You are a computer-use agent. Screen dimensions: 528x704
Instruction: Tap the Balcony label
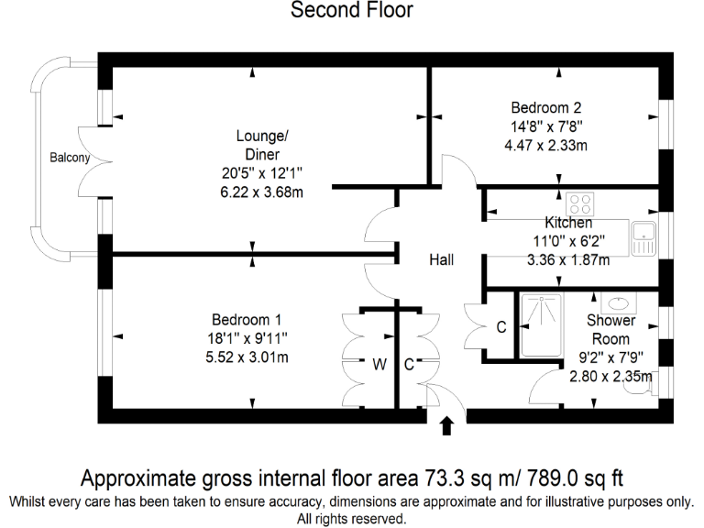70,158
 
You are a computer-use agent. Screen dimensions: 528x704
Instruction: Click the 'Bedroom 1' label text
246,320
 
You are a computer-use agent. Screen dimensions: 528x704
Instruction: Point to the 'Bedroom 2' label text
546,106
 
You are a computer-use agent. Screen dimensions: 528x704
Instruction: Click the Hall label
442,260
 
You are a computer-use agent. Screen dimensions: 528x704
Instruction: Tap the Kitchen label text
568,223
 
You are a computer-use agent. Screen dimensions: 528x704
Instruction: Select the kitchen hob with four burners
579,203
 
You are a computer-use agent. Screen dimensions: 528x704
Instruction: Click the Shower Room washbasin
615,302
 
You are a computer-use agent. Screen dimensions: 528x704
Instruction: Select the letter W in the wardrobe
378,364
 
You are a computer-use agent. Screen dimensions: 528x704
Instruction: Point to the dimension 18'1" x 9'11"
246,339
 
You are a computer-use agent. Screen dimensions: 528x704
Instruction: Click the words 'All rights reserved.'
352,519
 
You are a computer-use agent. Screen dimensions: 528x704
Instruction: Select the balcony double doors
88,158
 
